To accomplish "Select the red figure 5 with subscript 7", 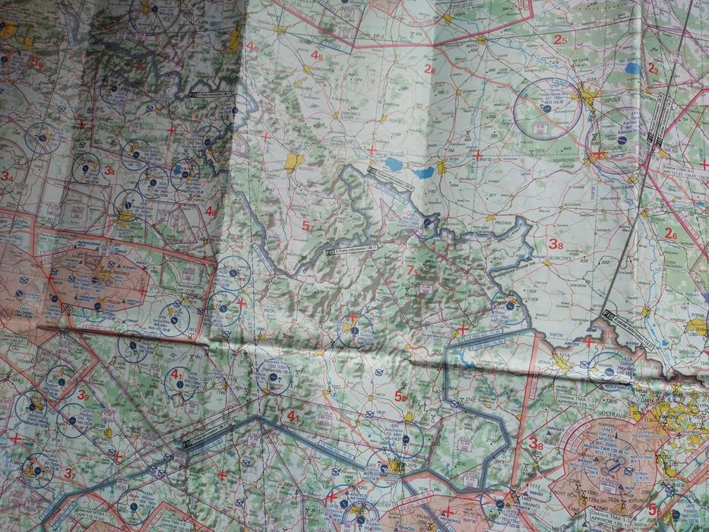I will [308, 226].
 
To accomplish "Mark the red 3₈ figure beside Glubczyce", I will [556, 245].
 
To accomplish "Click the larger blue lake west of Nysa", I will [394, 163].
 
